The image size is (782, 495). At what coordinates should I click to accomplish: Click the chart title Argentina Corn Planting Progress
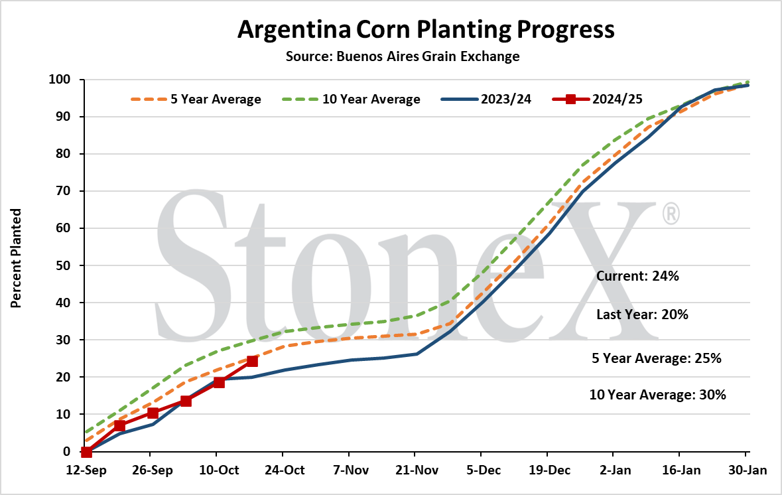pos(426,29)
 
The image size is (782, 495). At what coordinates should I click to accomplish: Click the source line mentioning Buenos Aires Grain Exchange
pos(403,56)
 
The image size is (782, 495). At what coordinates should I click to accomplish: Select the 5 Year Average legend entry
pos(196,100)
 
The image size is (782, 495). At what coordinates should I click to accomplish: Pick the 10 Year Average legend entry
pos(351,100)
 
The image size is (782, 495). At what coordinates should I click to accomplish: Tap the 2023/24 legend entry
pos(486,100)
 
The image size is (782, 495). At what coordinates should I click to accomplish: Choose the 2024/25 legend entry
pos(598,100)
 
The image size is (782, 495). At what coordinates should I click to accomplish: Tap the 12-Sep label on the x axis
pos(86,470)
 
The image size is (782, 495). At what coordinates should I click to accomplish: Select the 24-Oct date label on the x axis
pos(285,470)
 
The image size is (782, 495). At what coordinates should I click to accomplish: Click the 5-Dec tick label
pos(484,470)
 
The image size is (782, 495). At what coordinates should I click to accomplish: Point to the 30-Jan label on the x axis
pos(747,470)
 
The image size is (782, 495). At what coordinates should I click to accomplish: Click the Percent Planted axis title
pos(16,258)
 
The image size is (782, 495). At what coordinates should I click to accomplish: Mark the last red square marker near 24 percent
pos(252,361)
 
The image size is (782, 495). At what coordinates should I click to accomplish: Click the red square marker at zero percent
pos(86,452)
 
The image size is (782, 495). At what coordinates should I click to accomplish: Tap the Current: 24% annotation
pos(637,277)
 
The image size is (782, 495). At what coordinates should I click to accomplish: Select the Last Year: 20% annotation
pos(642,315)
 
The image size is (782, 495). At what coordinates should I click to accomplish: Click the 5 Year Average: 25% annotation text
pos(657,358)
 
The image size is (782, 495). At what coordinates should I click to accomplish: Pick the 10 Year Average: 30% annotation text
pos(658,395)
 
